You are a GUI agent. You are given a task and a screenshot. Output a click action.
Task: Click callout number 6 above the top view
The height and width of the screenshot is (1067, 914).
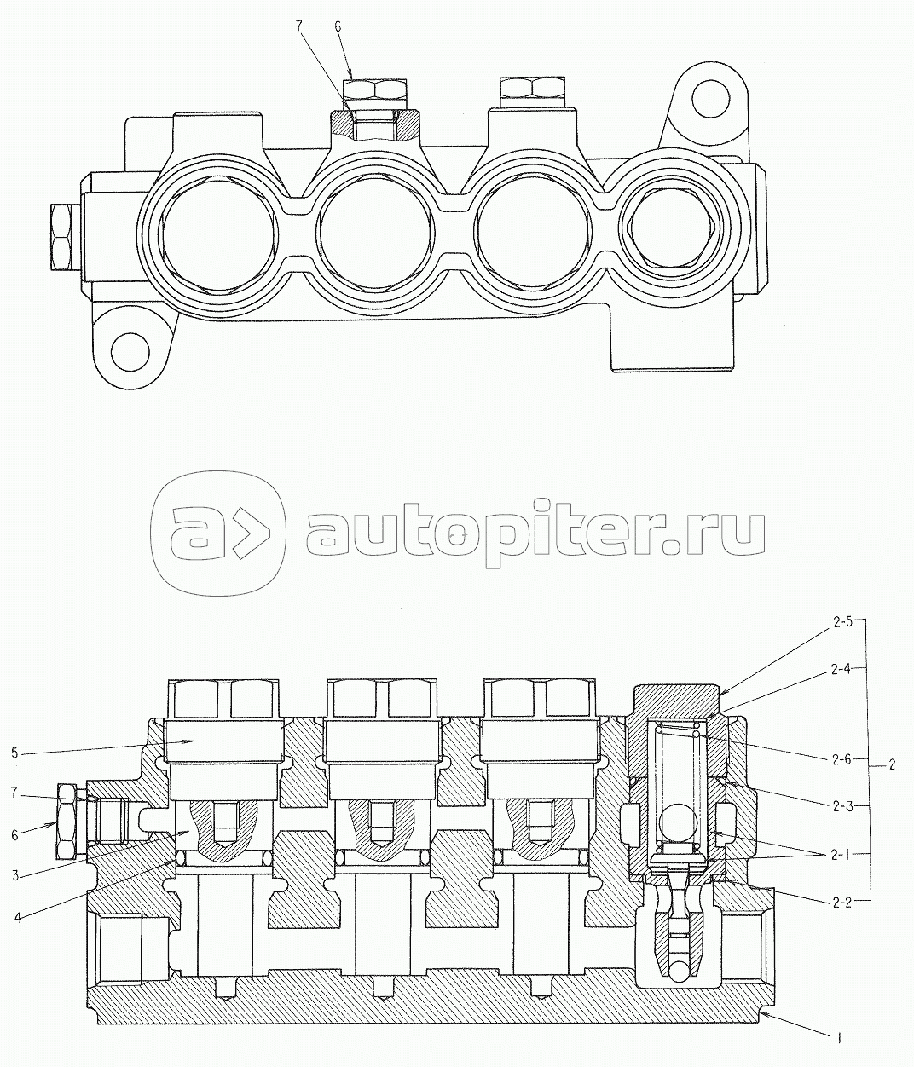pyautogui.click(x=338, y=26)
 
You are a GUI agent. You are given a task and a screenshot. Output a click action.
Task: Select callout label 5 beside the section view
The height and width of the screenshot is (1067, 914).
pyautogui.click(x=15, y=753)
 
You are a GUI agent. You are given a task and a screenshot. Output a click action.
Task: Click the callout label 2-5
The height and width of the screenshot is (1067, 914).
pyautogui.click(x=842, y=622)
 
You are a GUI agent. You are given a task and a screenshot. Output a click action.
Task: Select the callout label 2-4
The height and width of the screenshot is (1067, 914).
pyautogui.click(x=842, y=670)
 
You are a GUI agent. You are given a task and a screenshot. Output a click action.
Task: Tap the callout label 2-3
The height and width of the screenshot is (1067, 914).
pyautogui.click(x=842, y=806)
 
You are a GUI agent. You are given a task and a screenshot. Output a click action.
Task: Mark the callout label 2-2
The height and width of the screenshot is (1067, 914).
pyautogui.click(x=842, y=903)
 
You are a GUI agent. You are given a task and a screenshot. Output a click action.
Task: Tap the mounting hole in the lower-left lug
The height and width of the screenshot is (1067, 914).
pyautogui.click(x=130, y=353)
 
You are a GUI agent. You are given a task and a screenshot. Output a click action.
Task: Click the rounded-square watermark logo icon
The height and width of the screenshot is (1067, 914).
pyautogui.click(x=217, y=533)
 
